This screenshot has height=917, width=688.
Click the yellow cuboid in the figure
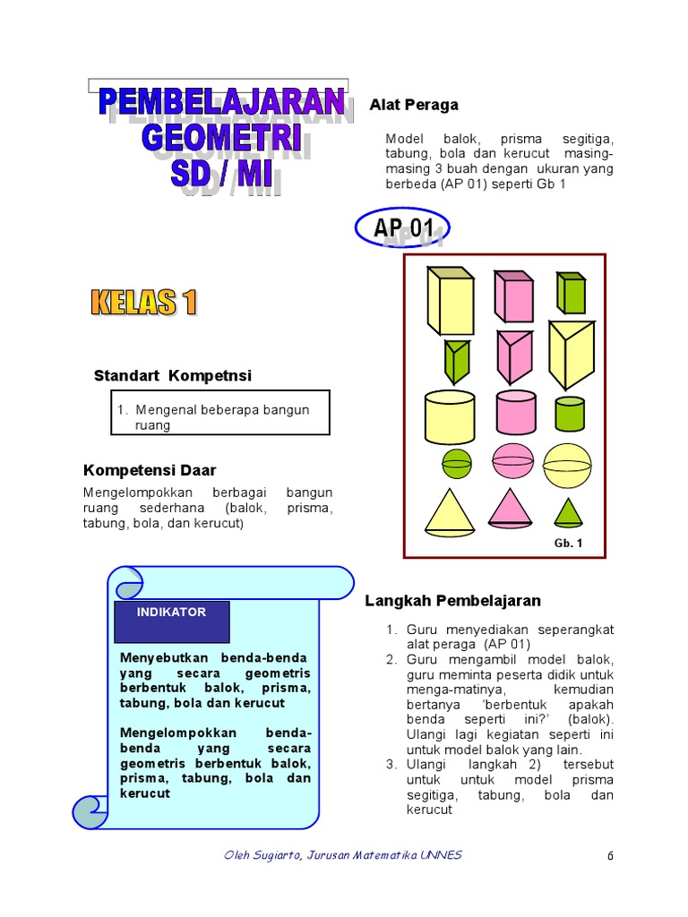click(x=451, y=301)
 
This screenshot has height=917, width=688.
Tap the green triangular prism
click(x=458, y=359)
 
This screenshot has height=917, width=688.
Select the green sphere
click(x=457, y=463)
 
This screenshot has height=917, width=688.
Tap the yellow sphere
click(x=568, y=465)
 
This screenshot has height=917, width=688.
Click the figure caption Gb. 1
click(x=568, y=543)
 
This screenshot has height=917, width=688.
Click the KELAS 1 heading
click(x=143, y=303)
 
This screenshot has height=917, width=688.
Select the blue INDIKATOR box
click(x=172, y=621)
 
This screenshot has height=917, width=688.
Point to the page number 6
click(x=610, y=855)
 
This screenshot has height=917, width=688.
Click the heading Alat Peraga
click(x=414, y=105)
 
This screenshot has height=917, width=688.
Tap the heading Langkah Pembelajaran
click(x=452, y=601)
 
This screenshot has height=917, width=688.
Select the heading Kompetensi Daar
click(x=150, y=470)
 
